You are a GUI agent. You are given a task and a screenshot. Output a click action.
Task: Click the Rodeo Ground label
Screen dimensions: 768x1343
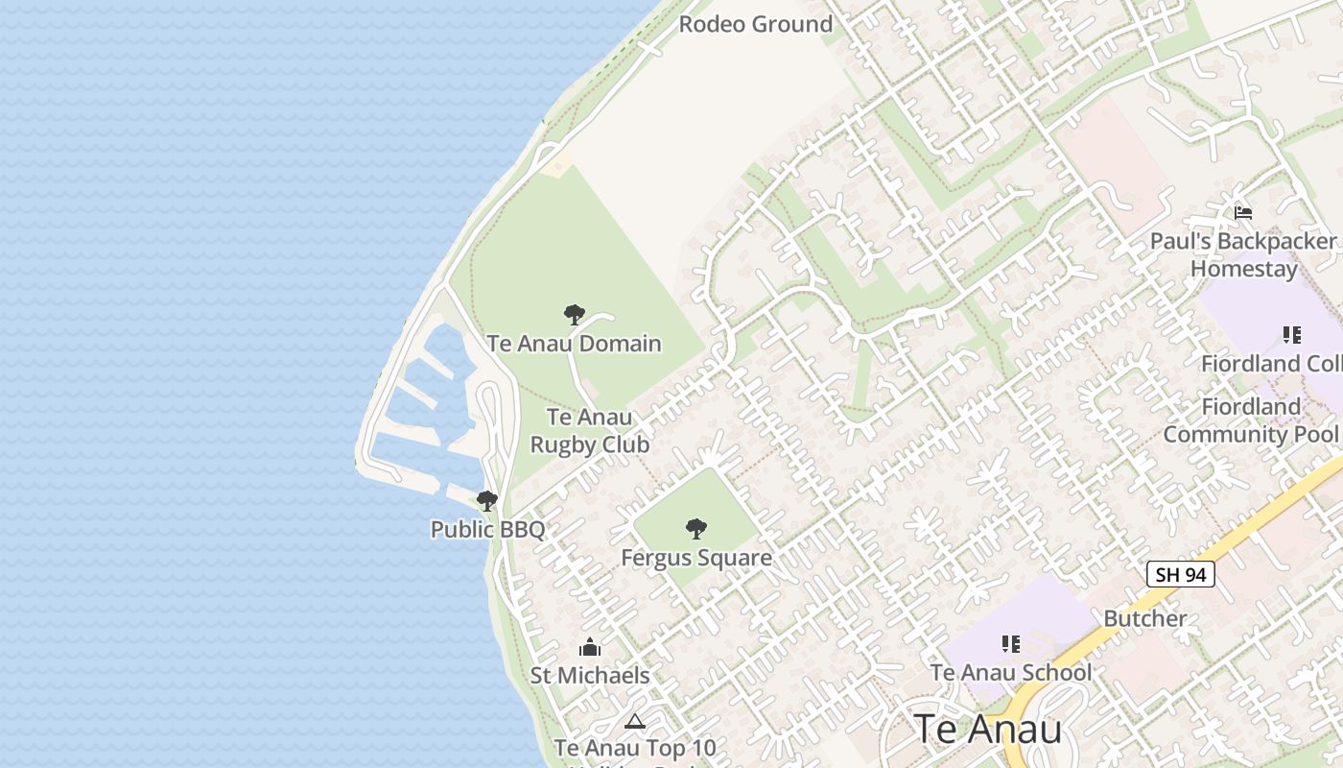[755, 24]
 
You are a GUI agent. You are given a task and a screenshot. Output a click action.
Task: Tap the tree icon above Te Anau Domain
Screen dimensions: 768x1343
[574, 315]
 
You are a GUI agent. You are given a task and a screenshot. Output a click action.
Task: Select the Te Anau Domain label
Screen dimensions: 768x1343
[574, 344]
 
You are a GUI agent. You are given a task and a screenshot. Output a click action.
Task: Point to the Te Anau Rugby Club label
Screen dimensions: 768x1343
[589, 431]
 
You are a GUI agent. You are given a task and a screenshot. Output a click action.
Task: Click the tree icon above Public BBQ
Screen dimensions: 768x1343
[487, 500]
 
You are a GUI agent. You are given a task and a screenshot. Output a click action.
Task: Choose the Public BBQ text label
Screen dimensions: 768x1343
[487, 529]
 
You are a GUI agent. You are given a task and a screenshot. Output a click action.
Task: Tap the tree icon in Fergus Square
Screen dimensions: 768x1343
[696, 528]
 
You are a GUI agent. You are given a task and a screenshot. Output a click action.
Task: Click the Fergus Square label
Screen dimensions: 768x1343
[696, 558]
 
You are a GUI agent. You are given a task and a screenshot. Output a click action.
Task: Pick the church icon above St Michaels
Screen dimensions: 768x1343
[590, 647]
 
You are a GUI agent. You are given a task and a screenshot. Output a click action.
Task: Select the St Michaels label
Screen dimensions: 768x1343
[590, 676]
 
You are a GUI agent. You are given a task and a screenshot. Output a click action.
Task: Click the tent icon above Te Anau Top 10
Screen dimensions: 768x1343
[634, 721]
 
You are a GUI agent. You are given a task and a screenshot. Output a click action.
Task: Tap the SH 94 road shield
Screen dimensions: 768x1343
[1180, 575]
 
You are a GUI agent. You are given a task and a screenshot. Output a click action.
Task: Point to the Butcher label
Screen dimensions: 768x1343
[1145, 618]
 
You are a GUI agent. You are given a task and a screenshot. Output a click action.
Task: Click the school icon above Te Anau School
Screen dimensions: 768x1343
[1010, 643]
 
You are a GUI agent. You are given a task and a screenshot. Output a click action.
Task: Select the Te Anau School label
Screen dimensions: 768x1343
[1011, 672]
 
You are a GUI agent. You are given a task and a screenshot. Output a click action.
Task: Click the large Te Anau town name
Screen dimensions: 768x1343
[987, 730]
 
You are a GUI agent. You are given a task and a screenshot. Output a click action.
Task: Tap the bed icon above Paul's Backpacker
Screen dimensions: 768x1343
[1243, 212]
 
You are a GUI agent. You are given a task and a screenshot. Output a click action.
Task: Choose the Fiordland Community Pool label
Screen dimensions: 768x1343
[1250, 420]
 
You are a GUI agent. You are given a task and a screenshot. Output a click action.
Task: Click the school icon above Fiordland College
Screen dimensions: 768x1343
[1292, 335]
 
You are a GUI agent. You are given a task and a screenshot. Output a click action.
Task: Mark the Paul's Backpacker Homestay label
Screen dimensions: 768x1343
[1243, 254]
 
